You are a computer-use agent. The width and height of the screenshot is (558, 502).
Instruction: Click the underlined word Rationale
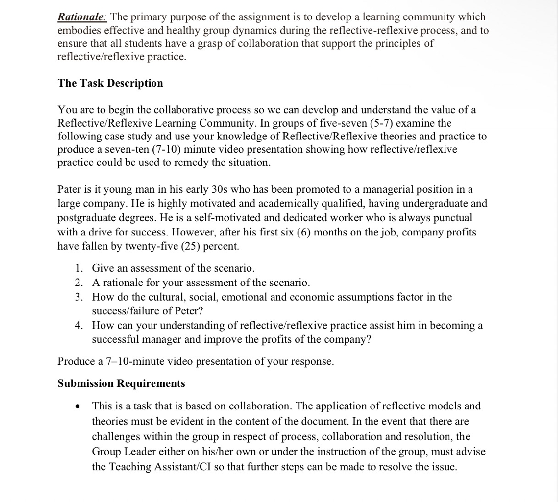pos(82,17)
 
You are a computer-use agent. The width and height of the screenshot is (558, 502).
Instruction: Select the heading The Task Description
pos(110,83)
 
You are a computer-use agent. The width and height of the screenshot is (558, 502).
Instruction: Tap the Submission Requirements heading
pos(121,383)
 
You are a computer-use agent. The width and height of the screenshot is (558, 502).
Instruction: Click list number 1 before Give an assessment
pos(79,268)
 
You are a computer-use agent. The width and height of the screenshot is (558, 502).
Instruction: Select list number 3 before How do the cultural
pos(79,297)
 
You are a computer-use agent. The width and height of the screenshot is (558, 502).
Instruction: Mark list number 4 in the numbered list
pos(79,325)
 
